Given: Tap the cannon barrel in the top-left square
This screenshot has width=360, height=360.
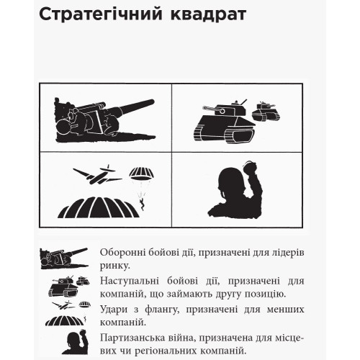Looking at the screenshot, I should tap(133, 107).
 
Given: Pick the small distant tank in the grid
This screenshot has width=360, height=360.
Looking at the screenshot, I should tap(267, 112).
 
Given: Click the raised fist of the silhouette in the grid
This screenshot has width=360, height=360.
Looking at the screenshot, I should tap(251, 168).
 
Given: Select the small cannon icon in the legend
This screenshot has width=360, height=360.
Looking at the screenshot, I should tap(64, 258).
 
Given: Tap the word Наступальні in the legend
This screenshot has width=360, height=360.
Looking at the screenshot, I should tap(130, 280).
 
